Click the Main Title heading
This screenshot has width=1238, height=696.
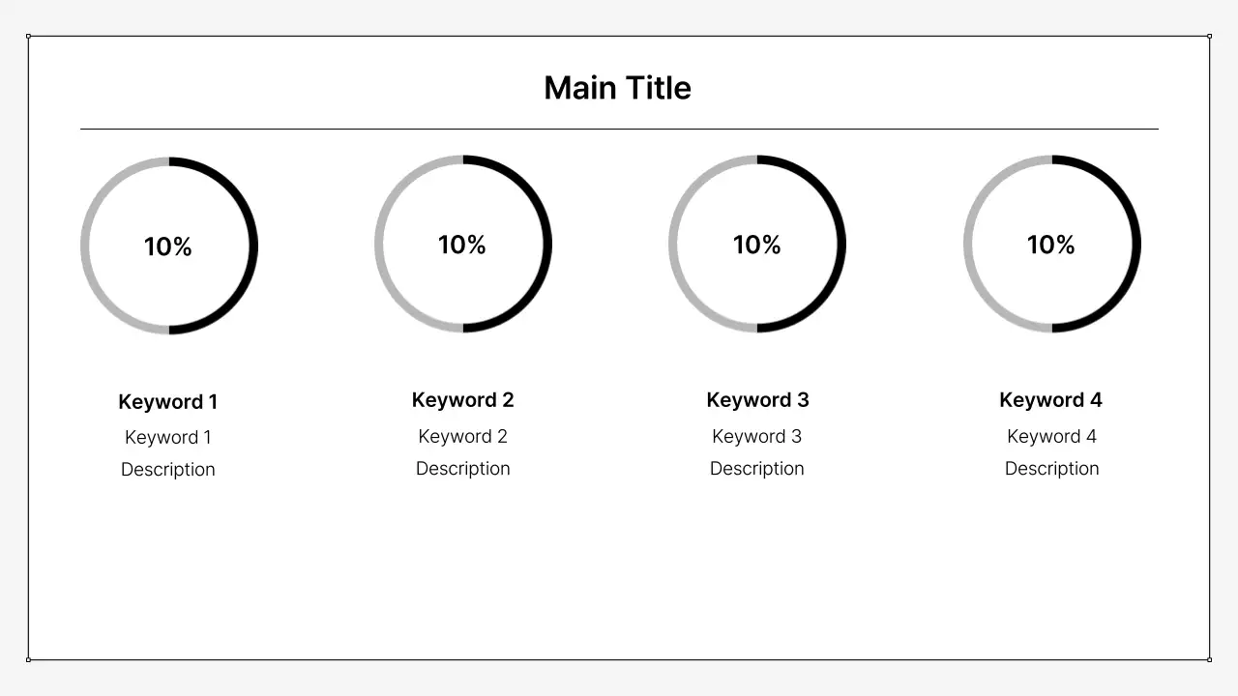[617, 88]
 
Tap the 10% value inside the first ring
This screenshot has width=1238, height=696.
[168, 246]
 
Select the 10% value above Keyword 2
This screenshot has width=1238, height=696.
[462, 245]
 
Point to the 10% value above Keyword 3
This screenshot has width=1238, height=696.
[757, 245]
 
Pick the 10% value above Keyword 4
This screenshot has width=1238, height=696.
[1051, 245]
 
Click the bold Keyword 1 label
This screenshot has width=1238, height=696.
[168, 402]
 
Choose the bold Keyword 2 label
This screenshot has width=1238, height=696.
[462, 400]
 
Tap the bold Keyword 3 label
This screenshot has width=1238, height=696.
[757, 400]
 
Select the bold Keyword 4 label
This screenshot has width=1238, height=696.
[1050, 400]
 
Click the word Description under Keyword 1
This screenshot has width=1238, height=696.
[168, 470]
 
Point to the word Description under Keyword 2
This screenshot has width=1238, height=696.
[462, 469]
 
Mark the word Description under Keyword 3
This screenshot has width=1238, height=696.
[757, 469]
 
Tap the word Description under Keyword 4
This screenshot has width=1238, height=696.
[1051, 469]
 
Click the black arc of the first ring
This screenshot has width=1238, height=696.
[253, 246]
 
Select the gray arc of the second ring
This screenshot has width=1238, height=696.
[379, 244]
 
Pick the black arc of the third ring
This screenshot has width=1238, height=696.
[841, 244]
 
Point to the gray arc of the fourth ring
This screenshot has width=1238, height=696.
[968, 244]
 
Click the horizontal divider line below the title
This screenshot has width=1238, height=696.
[619, 129]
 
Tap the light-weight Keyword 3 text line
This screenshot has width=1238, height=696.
[757, 437]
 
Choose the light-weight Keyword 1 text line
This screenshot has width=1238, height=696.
[168, 438]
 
